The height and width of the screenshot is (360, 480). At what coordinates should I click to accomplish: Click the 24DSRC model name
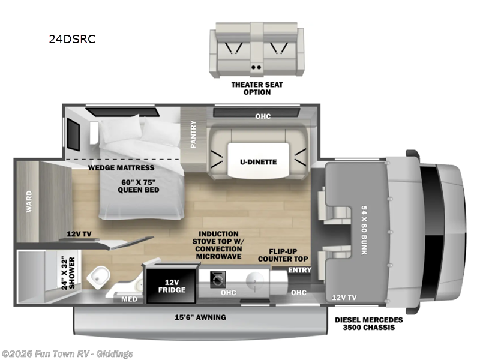[72, 40]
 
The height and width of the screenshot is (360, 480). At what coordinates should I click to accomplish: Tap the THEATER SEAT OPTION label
[257, 88]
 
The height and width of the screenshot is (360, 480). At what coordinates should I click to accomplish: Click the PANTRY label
[193, 133]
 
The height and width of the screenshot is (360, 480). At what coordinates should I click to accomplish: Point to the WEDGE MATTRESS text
[121, 167]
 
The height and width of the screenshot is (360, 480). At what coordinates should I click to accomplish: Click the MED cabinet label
[128, 299]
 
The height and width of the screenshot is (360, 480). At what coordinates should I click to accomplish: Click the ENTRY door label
[299, 270]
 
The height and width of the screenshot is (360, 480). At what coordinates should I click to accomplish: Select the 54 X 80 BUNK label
[362, 230]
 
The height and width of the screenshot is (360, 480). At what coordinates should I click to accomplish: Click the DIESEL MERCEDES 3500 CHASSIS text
[368, 324]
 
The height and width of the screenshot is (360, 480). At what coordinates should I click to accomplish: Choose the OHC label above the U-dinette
[261, 116]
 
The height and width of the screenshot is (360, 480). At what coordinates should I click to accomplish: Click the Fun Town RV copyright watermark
[67, 354]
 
